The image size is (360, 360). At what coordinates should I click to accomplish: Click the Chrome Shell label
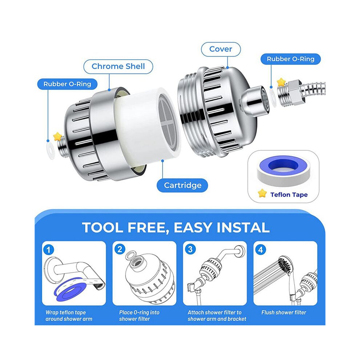coord(118,67)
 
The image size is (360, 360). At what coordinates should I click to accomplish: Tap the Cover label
coord(221,49)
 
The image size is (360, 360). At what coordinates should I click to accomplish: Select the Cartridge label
coord(182,185)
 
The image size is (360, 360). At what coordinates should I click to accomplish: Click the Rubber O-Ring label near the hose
coord(291,59)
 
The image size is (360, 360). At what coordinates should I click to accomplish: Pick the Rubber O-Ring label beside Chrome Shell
coord(67,84)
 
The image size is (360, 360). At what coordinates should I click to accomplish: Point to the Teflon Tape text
coord(289,195)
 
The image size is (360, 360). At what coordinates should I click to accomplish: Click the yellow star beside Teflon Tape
coord(262,193)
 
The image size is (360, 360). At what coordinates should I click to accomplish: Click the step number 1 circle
coord(48,249)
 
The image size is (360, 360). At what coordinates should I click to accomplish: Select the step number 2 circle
coord(120,249)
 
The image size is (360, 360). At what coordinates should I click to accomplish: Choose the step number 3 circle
coord(190,249)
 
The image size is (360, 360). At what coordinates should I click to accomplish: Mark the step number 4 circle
coord(261,249)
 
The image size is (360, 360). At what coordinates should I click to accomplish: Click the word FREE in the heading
coord(147,228)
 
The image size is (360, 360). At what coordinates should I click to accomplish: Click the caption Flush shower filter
coord(284,312)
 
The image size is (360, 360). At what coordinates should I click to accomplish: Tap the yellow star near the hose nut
coord(281,82)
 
